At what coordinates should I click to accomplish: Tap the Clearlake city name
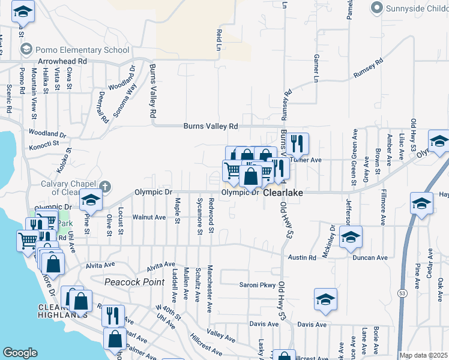coord(282,194)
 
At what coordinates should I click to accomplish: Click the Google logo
coord(20,352)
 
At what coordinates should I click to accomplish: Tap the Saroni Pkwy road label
coord(257,285)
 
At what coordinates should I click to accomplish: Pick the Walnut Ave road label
coord(148,217)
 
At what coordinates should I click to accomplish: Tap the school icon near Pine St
coord(91,200)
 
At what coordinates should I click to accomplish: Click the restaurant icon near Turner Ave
coord(297,143)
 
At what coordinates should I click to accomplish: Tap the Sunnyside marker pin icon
coord(376,8)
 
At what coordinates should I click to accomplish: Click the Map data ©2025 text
coord(423,355)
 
